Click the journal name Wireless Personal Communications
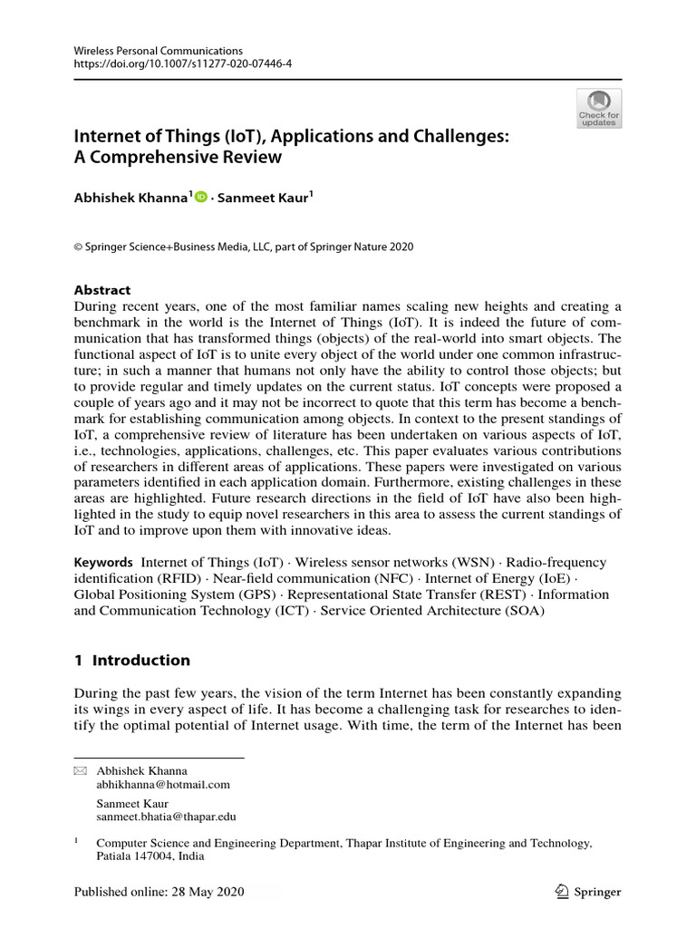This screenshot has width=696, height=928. [158, 51]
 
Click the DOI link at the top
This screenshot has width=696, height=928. [182, 64]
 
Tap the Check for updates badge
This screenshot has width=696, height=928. [599, 109]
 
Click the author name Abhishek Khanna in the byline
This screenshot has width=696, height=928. [130, 198]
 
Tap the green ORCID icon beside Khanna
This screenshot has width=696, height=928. [200, 198]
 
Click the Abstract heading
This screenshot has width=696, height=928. [101, 290]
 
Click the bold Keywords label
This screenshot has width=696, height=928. [103, 563]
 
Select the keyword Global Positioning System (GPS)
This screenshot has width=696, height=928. [174, 594]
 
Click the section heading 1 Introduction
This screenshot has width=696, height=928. [131, 660]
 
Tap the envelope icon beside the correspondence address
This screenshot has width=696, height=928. [80, 770]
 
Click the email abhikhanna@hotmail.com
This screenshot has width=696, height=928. [163, 785]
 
